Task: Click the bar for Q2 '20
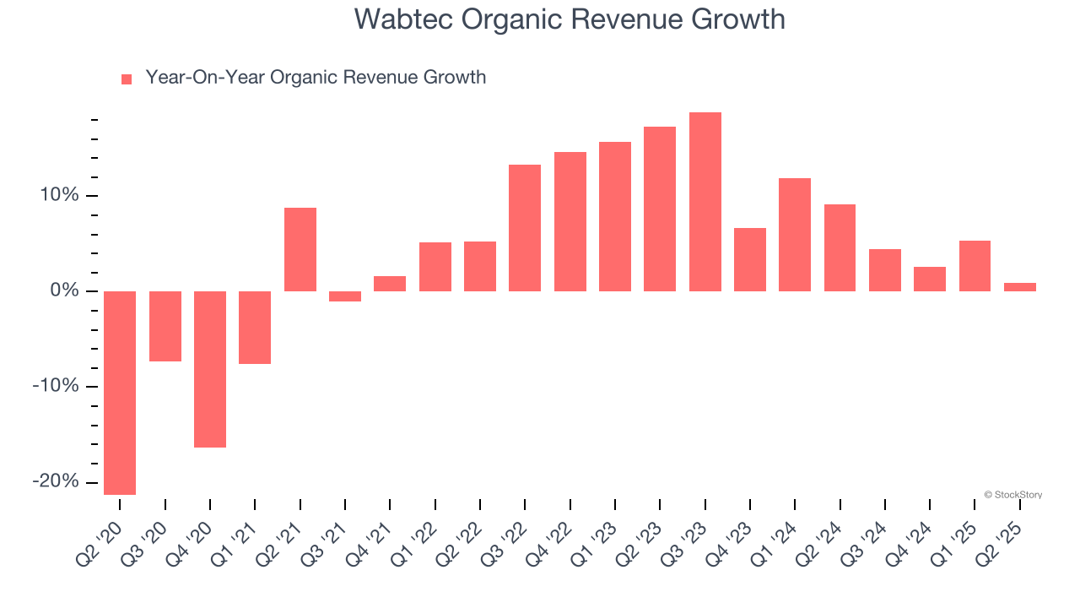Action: pos(120,393)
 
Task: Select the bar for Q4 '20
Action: pos(210,369)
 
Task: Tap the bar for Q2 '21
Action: pos(300,249)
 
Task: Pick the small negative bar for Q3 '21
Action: pos(345,296)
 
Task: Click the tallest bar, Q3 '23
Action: pos(705,202)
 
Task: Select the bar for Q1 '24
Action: pos(795,235)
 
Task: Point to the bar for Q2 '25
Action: pos(1020,287)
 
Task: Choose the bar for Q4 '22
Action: pos(570,221)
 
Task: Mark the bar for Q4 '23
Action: pos(750,259)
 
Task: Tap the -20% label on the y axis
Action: pos(56,481)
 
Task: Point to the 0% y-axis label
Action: pos(64,291)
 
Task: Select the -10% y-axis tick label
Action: pos(56,386)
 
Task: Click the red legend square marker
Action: pos(127,79)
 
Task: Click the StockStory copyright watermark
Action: pos(1013,495)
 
